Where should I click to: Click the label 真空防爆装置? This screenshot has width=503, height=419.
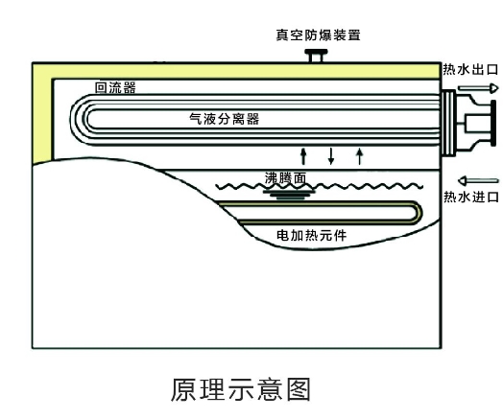(x=319, y=35)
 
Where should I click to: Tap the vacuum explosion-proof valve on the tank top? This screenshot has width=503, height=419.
(x=316, y=56)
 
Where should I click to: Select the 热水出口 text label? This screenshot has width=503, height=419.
(x=470, y=69)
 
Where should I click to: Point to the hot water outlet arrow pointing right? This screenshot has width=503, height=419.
(x=478, y=88)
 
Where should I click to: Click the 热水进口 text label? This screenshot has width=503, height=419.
(x=471, y=197)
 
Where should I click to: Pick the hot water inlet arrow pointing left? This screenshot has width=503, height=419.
(x=478, y=181)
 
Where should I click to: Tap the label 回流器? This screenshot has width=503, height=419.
(x=115, y=87)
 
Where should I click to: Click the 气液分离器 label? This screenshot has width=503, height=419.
(x=225, y=119)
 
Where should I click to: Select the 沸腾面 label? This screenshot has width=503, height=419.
(x=285, y=178)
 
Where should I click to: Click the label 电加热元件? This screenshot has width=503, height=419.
(x=311, y=236)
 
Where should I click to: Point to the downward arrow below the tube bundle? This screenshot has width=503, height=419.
(x=331, y=156)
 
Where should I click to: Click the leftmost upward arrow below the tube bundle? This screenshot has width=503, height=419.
(x=303, y=156)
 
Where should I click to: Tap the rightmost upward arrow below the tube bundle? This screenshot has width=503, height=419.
(x=360, y=156)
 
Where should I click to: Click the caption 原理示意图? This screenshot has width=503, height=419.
(x=241, y=389)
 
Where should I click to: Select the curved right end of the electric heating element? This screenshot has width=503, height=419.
(x=419, y=213)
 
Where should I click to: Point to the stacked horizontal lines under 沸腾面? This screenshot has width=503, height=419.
(x=289, y=195)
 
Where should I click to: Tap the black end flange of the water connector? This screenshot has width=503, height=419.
(x=493, y=124)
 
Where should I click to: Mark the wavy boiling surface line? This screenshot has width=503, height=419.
(x=320, y=186)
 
